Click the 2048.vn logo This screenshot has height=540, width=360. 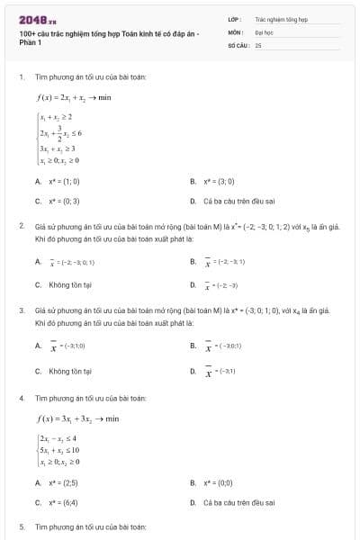[x=32, y=19]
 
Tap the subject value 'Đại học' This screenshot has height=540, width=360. [x=263, y=31]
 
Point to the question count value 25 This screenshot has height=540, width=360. [x=258, y=43]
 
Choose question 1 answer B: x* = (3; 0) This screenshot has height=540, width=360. [x=220, y=181]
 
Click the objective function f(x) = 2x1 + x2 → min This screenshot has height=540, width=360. [x=73, y=97]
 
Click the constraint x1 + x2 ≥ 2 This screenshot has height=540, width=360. [x=56, y=117]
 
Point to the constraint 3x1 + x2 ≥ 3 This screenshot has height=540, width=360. [x=58, y=148]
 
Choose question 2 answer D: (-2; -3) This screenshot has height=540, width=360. [x=221, y=284]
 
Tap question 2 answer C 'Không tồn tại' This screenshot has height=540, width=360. [x=65, y=284]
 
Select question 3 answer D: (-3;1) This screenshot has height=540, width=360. [x=221, y=370]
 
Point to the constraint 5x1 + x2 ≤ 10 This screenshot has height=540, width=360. [x=59, y=449]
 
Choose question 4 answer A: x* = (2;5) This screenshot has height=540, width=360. [x=66, y=482]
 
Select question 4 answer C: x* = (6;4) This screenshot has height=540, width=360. [x=66, y=502]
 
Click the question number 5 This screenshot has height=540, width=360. [x=22, y=525]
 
